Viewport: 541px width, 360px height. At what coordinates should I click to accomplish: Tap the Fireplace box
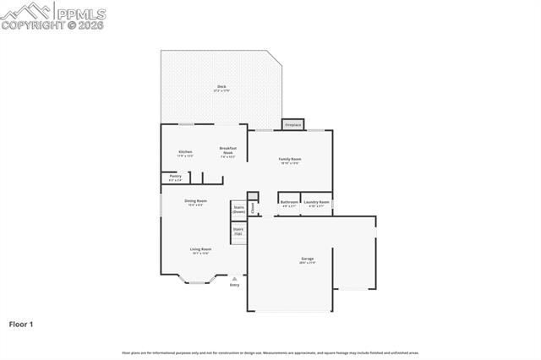[292, 124]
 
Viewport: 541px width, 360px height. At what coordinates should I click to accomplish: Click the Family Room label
[291, 160]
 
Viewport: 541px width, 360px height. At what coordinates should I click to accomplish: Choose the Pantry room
[175, 177]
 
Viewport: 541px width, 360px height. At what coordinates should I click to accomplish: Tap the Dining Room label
[196, 202]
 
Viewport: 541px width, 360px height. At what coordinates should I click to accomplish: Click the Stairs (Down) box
[238, 209]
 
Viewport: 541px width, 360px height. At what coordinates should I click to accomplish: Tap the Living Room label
[200, 250]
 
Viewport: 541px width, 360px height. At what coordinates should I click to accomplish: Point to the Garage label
[308, 259]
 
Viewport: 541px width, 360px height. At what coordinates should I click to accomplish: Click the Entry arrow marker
[234, 278]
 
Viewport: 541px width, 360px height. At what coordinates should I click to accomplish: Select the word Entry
[234, 285]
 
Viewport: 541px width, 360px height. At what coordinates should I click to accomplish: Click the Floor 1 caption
[21, 324]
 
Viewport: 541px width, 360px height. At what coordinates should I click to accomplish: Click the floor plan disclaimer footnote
[270, 352]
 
